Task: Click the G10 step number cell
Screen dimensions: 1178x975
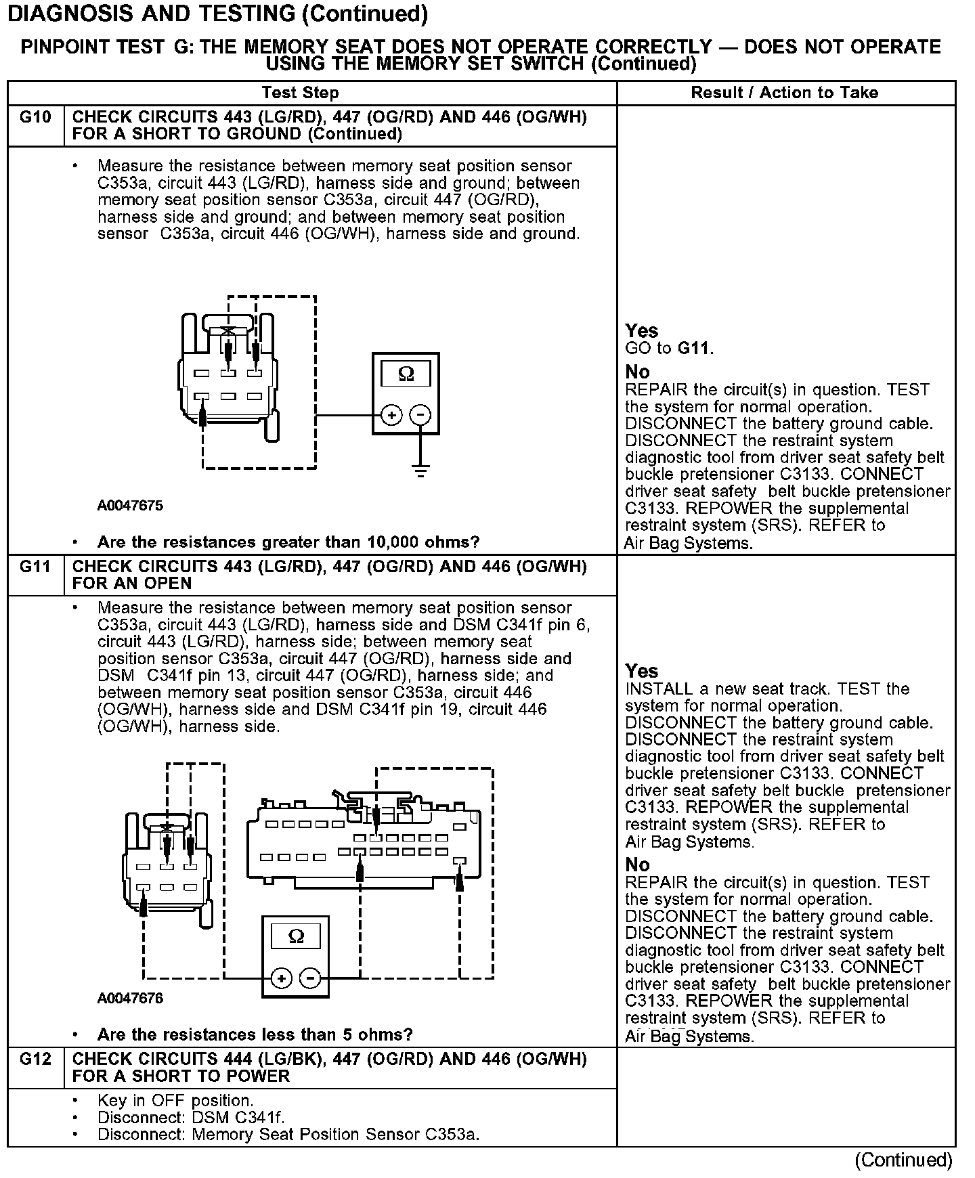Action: pos(35,118)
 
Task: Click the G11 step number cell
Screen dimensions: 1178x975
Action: pos(35,567)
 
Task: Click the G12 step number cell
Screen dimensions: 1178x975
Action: pos(35,1059)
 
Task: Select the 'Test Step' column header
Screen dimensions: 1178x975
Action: pos(300,93)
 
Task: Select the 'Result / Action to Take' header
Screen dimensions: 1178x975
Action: pos(785,93)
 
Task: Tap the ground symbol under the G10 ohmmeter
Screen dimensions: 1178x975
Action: pos(421,471)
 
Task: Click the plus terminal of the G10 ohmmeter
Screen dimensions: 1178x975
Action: pos(391,415)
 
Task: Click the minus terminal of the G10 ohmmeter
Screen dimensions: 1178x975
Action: pos(421,415)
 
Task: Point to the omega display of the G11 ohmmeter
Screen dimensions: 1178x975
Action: pos(296,936)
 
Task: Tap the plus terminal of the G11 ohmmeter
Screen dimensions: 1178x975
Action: pos(281,978)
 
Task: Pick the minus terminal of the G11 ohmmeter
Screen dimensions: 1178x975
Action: pos(310,978)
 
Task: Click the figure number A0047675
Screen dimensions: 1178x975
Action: pos(130,506)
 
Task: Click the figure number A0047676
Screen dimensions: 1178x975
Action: pos(130,998)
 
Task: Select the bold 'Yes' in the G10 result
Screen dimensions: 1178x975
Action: pos(641,331)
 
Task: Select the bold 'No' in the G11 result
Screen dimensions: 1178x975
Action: pos(637,865)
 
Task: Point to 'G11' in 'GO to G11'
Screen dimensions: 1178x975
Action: pos(695,349)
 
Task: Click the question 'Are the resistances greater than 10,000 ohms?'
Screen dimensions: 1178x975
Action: pos(288,542)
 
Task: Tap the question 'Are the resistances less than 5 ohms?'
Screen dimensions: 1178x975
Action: pos(255,1034)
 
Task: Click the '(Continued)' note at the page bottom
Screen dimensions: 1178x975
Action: pos(903,1160)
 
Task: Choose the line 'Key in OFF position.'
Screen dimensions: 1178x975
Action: pos(175,1101)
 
